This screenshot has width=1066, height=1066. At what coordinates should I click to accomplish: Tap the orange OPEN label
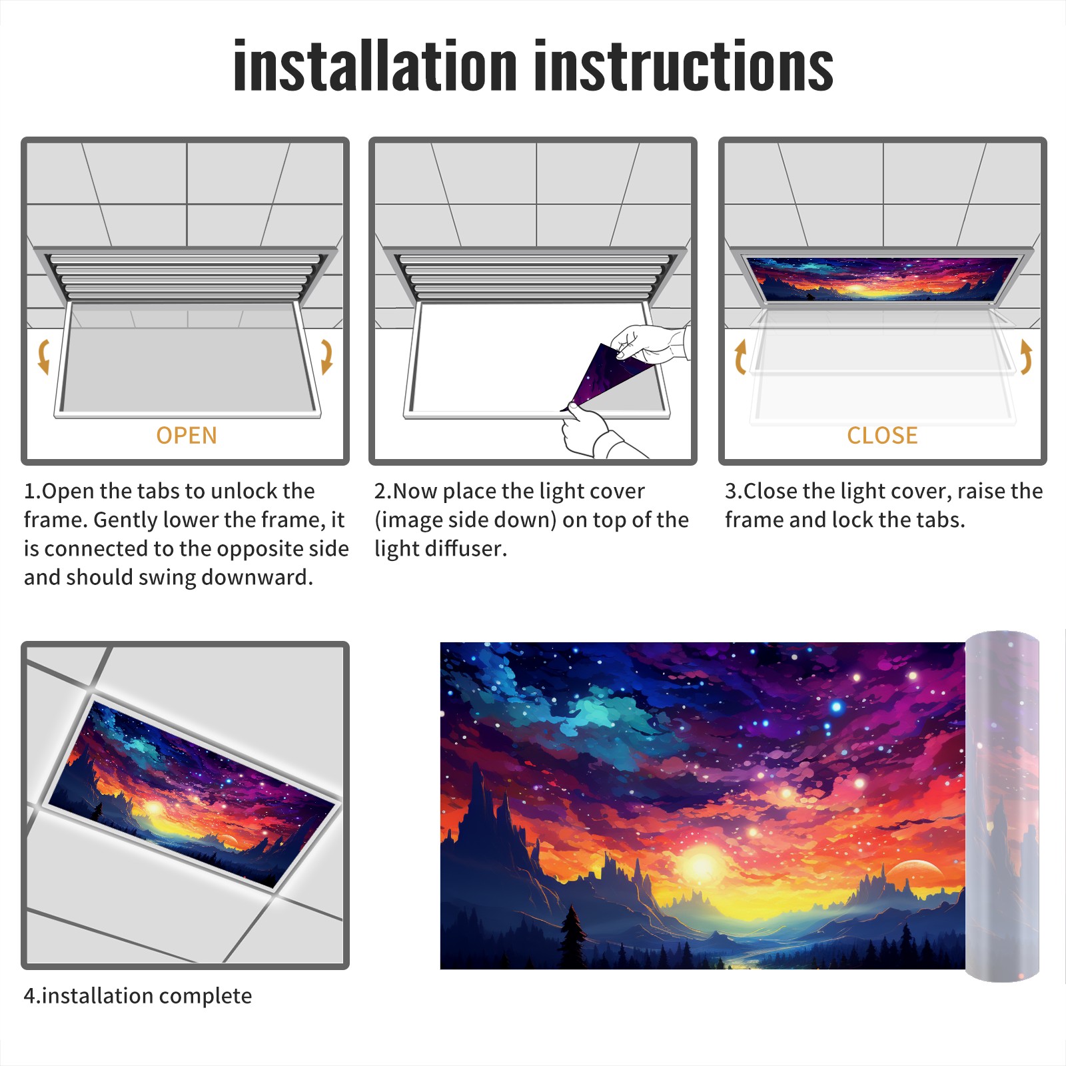(187, 436)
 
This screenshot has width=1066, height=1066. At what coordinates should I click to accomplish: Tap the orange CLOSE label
(882, 436)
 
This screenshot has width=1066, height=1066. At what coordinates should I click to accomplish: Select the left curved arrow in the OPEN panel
(43, 356)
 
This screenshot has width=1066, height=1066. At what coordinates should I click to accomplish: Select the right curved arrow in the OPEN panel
(326, 356)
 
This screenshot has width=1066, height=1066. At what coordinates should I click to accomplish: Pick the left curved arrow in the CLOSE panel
(740, 356)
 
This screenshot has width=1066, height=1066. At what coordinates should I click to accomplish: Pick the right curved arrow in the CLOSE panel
(1026, 356)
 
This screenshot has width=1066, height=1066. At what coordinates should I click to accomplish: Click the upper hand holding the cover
(650, 343)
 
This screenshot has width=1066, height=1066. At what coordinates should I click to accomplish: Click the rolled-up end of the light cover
(1002, 806)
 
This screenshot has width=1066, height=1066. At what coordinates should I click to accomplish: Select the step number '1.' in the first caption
(33, 491)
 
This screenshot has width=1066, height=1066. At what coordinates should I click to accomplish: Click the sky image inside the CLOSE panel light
(882, 278)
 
